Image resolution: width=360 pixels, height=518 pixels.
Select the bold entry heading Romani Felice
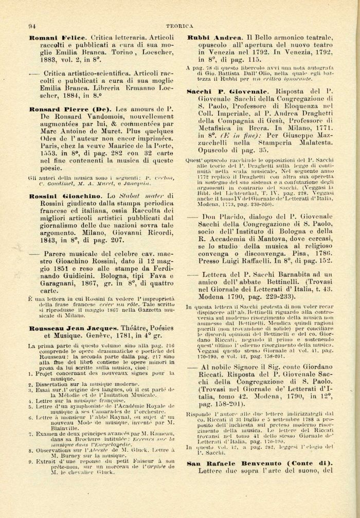[57, 38]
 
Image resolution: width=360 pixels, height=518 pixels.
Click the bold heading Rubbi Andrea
[214, 38]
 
